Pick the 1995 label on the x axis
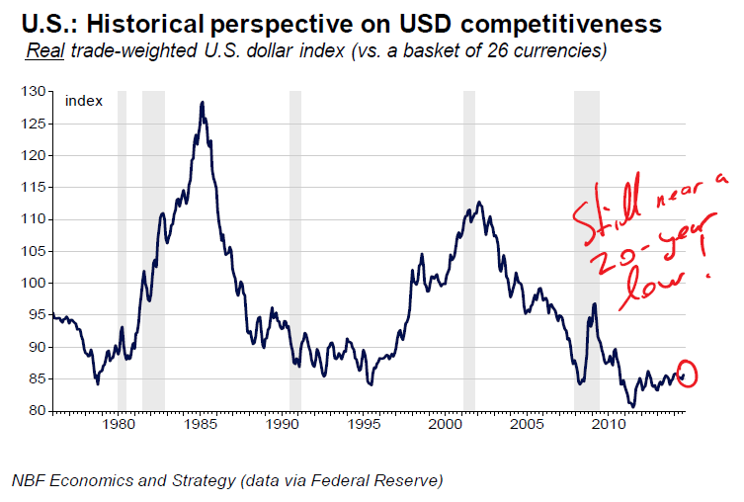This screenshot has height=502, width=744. click(365, 425)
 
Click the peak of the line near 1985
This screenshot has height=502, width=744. click(202, 102)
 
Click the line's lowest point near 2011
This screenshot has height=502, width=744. click(633, 405)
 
